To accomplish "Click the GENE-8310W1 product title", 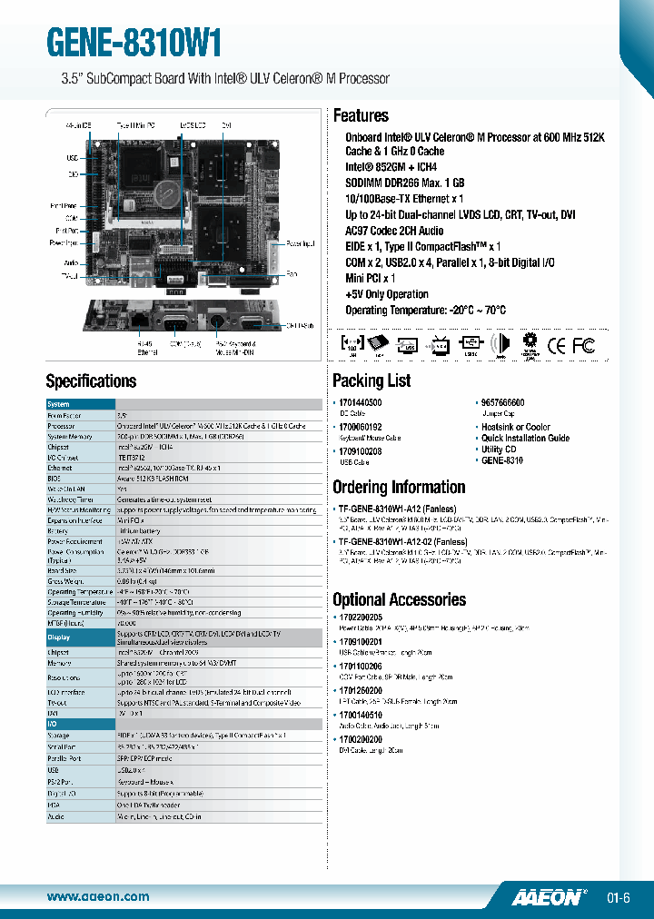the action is [134, 42].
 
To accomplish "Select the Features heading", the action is [361, 116].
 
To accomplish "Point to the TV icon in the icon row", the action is [439, 345].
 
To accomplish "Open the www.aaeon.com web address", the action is [97, 897].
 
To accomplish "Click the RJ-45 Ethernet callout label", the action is [121, 348].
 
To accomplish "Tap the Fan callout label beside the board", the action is [292, 273].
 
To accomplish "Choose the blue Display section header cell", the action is [81, 637].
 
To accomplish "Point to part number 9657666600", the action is [503, 402].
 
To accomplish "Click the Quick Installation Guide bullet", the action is [526, 438].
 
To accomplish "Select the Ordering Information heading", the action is [399, 488].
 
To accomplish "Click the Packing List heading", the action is [372, 380].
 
